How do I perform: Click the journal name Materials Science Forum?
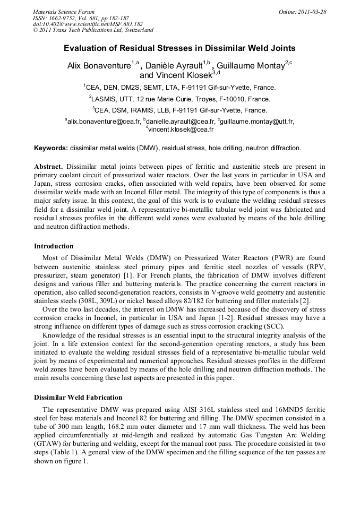pyautogui.click(x=64, y=12)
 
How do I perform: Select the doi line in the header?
pyautogui.click(x=88, y=24)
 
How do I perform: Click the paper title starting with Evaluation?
pyautogui.click(x=179, y=48)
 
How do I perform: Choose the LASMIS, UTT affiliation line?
pyautogui.click(x=179, y=99)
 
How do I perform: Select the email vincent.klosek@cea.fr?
pyautogui.click(x=181, y=130)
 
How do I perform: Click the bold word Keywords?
pyautogui.click(x=51, y=148)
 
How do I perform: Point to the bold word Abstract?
pyautogui.click(x=49, y=166)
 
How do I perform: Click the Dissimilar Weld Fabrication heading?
pyautogui.click(x=78, y=397)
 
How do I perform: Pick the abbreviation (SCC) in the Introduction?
pyautogui.click(x=273, y=326)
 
